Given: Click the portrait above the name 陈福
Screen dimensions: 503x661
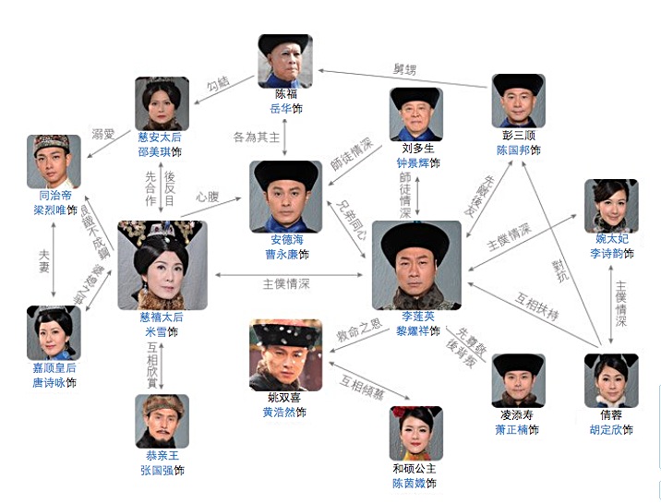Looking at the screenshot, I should click(284, 61).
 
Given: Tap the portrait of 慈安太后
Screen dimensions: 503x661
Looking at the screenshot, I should click(162, 103).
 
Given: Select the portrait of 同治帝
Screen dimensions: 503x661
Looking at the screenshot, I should click(54, 162).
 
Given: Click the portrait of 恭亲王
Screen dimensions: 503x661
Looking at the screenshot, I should click(162, 421).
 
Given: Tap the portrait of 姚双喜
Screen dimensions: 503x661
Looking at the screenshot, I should click(286, 355).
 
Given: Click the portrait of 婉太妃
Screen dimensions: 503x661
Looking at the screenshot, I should click(611, 206).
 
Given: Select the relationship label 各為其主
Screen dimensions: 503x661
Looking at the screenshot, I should click(256, 138).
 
